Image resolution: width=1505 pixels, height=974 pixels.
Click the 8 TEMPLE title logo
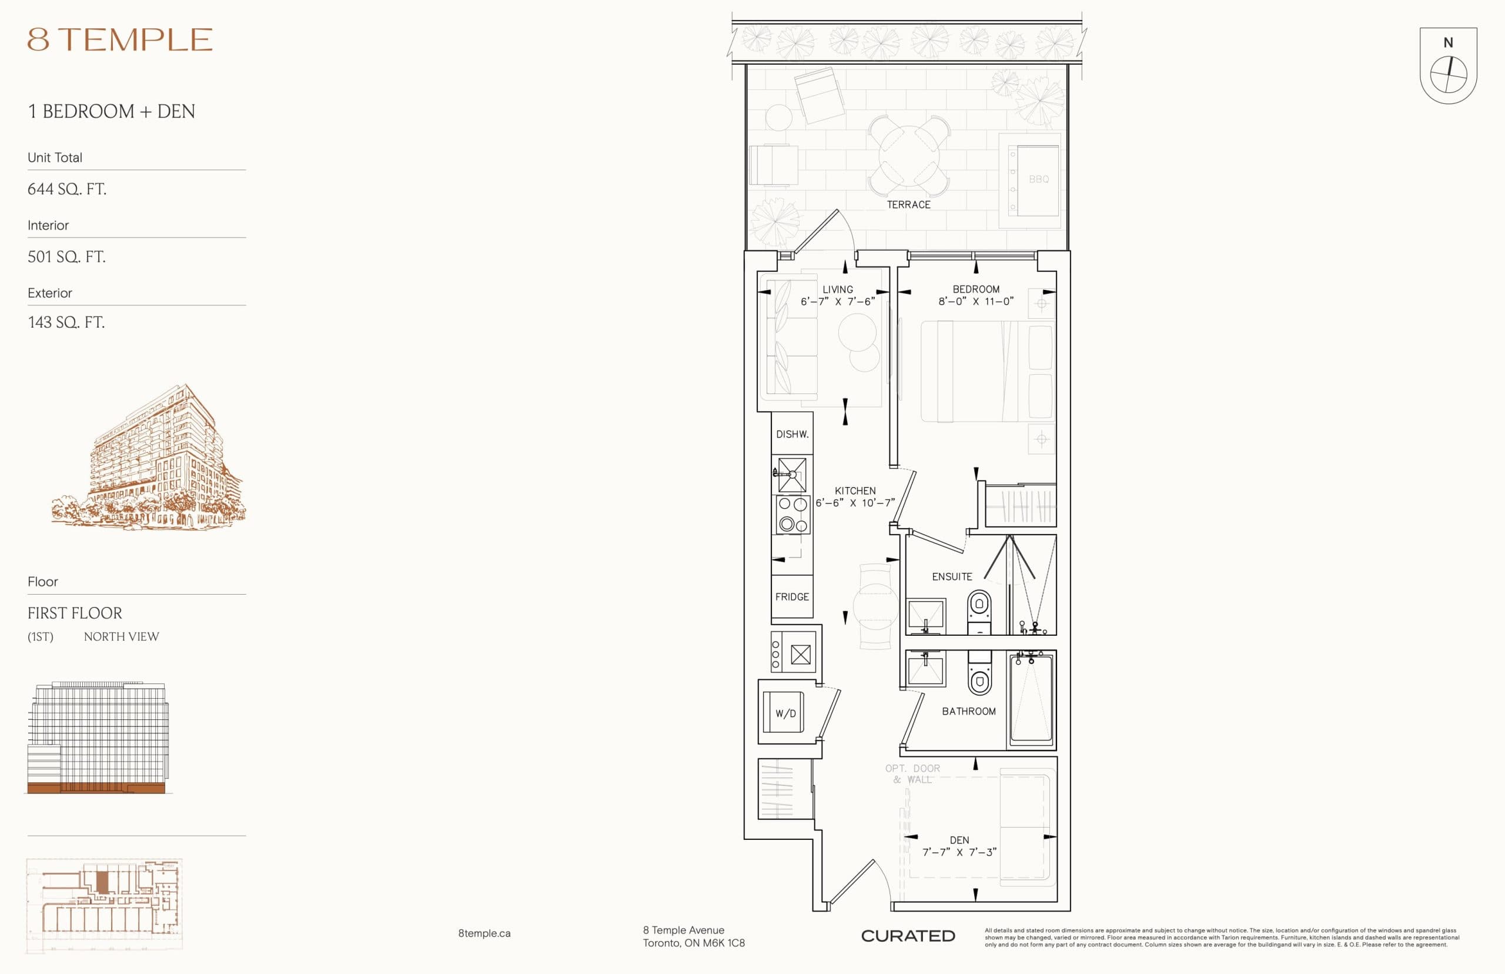tap(119, 40)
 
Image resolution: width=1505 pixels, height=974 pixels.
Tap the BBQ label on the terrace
tap(1039, 179)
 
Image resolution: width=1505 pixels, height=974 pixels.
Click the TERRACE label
tap(908, 205)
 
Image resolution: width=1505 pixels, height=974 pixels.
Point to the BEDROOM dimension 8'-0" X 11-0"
tap(975, 302)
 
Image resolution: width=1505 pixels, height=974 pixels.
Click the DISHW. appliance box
tap(792, 434)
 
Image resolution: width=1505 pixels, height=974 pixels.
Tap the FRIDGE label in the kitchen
tap(792, 596)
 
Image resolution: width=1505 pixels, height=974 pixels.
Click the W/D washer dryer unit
tap(784, 713)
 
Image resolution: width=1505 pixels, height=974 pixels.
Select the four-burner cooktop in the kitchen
tap(792, 514)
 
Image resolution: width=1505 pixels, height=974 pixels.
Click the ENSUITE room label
tap(951, 576)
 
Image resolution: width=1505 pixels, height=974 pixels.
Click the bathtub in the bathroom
tap(1031, 699)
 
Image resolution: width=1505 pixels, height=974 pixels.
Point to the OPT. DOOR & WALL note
tap(912, 773)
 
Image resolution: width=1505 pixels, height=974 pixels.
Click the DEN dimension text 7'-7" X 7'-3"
tap(959, 852)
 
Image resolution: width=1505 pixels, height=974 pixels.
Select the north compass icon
tap(1447, 66)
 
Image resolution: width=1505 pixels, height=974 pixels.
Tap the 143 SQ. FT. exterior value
tap(66, 322)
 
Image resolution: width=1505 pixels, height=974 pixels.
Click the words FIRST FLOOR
tap(75, 613)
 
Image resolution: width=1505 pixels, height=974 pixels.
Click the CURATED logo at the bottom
tap(908, 936)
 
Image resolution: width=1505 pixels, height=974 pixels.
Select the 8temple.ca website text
tap(484, 933)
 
